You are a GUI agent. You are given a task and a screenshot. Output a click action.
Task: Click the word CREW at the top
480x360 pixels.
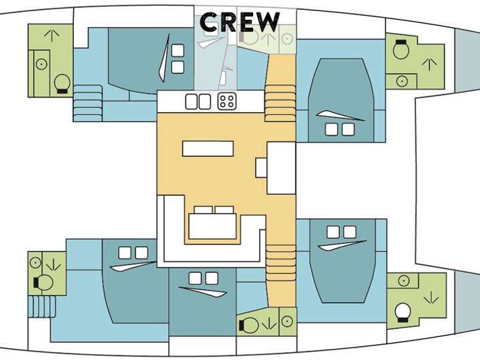pyautogui.click(x=240, y=22)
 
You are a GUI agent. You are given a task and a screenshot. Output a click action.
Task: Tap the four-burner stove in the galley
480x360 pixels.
pyautogui.click(x=227, y=102)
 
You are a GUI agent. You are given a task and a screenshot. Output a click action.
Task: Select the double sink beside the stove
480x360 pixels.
pyautogui.click(x=198, y=102)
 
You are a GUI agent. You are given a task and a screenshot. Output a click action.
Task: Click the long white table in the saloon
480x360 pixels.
pyautogui.click(x=208, y=148)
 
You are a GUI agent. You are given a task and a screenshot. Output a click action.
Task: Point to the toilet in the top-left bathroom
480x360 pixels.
pyautogui.click(x=62, y=84)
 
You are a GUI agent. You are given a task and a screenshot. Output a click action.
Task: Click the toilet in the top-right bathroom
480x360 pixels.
pyautogui.click(x=401, y=49)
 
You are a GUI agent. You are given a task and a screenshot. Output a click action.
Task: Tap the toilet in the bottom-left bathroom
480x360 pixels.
pyautogui.click(x=43, y=282)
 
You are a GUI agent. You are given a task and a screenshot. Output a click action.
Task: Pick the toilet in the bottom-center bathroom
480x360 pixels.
pyautogui.click(x=249, y=325)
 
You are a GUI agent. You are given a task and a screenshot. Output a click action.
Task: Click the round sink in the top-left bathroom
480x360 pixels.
pyautogui.click(x=42, y=65)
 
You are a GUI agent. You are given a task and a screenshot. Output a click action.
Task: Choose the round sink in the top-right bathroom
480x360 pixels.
pyautogui.click(x=402, y=81)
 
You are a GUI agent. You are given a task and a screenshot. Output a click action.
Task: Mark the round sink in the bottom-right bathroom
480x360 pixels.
pyautogui.click(x=404, y=281)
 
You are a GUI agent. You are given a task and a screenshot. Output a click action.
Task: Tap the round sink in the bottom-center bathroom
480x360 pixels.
pyautogui.click(x=287, y=322)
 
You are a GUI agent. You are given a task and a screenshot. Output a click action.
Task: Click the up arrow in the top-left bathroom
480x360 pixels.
pyautogui.click(x=51, y=35)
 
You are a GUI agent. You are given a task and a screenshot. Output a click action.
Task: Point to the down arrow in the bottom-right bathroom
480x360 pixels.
pyautogui.click(x=431, y=297)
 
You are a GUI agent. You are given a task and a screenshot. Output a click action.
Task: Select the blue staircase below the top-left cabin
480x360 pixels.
pyautogui.click(x=88, y=104)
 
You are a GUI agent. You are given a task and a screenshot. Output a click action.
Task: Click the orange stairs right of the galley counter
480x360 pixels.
pyautogui.click(x=280, y=104)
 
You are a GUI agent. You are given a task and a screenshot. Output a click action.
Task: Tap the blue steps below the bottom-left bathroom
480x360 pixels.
pyautogui.click(x=42, y=307)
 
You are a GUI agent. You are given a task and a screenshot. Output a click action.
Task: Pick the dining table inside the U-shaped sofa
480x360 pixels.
pyautogui.click(x=212, y=226)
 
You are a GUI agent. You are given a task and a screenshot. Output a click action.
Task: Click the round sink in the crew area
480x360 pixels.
pyautogui.click(x=287, y=39)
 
